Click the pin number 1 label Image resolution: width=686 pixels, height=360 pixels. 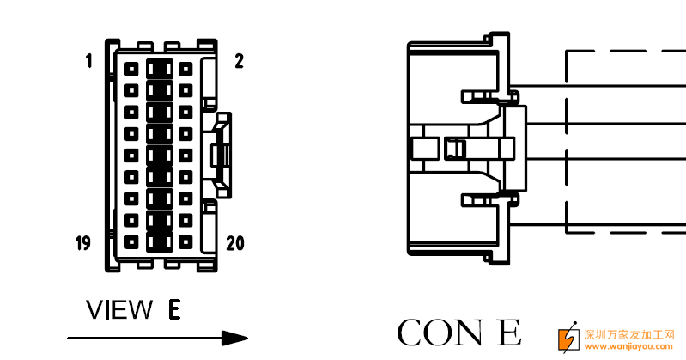[x=88, y=61]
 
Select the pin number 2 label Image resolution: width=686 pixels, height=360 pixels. [x=238, y=61]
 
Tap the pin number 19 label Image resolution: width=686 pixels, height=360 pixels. [x=82, y=243]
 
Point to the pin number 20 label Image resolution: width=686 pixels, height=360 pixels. [x=234, y=243]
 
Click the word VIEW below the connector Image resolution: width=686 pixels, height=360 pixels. [x=118, y=309]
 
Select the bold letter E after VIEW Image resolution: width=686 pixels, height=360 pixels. [x=174, y=309]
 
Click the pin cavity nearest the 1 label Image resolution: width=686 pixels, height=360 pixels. [x=131, y=67]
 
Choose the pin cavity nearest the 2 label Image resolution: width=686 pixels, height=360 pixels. [x=185, y=67]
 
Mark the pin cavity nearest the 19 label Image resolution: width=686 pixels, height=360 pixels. [x=131, y=241]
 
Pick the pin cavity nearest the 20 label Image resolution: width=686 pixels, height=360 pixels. [x=185, y=241]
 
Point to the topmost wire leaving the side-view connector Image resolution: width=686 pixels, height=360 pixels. [x=601, y=88]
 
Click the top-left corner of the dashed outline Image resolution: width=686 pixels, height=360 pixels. [x=568, y=52]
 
